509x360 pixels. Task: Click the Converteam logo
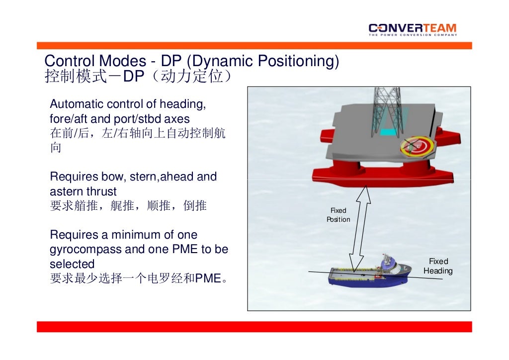pyautogui.click(x=412, y=29)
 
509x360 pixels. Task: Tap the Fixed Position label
pyautogui.click(x=338, y=215)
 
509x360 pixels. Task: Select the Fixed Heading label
pyautogui.click(x=438, y=266)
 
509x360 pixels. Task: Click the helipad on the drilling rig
pyautogui.click(x=418, y=145)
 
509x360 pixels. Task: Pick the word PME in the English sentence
pyautogui.click(x=185, y=250)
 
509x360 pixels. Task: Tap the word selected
pyautogui.click(x=72, y=264)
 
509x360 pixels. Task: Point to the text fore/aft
pyautogui.click(x=68, y=119)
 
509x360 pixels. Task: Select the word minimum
pyautogui.click(x=136, y=235)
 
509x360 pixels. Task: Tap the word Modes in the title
pyautogui.click(x=121, y=61)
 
